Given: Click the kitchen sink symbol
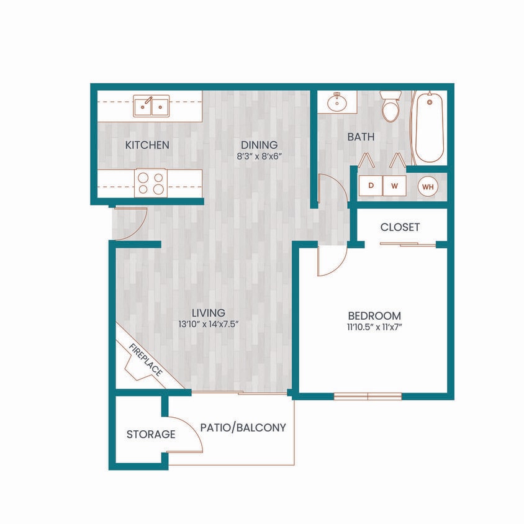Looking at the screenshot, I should pyautogui.click(x=151, y=106).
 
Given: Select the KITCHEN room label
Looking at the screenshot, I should pyautogui.click(x=147, y=145).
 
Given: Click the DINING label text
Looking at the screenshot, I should pyautogui.click(x=259, y=145).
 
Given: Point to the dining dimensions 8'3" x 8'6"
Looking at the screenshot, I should pyautogui.click(x=259, y=156).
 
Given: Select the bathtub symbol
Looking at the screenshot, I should pyautogui.click(x=429, y=127).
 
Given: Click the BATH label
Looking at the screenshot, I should pyautogui.click(x=361, y=137).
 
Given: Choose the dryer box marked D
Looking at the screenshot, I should pyautogui.click(x=371, y=185).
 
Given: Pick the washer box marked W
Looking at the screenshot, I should pyautogui.click(x=394, y=185).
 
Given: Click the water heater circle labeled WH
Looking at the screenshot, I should pyautogui.click(x=427, y=185).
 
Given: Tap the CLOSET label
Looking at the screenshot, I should pyautogui.click(x=400, y=227).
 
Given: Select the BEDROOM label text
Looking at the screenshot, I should pyautogui.click(x=374, y=315).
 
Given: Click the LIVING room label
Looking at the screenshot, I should pyautogui.click(x=207, y=313).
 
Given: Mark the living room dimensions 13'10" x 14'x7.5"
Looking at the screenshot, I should pyautogui.click(x=207, y=324).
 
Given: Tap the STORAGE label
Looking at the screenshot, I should pyautogui.click(x=151, y=435).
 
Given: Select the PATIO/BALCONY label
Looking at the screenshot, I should pyautogui.click(x=243, y=428).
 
